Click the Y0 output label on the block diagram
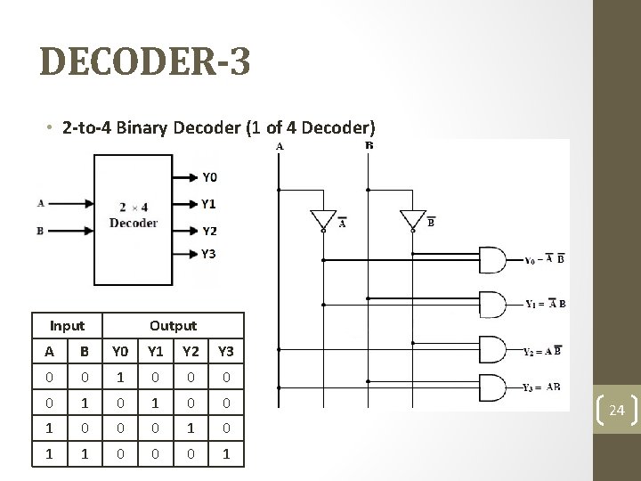pos(209,176)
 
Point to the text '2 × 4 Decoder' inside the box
pos(134,216)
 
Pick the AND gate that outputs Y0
pos(492,260)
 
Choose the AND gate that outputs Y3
pos(492,387)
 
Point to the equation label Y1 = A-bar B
pos(544,304)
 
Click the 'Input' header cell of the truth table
pos(68,326)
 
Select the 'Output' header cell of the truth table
pos(174,326)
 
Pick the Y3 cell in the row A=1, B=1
pos(227,453)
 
